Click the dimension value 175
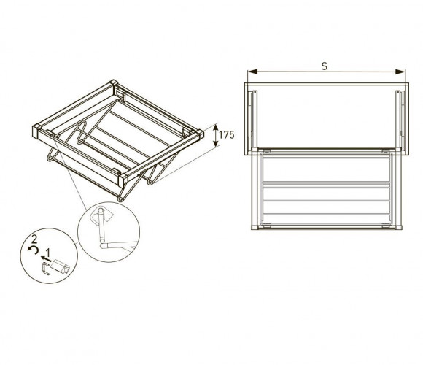coord(226,135)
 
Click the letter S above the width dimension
coord(325,66)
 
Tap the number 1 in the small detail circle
coord(48,253)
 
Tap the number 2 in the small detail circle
coord(34,239)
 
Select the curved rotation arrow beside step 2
coord(33,250)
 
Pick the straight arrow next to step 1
coord(46,259)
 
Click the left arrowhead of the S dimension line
coord(252,72)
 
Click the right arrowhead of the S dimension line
coord(400,72)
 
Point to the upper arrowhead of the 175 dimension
coord(215,128)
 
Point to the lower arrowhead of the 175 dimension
coord(215,143)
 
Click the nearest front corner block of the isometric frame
coord(123,180)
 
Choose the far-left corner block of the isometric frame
coord(36,131)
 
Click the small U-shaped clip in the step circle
coord(46,269)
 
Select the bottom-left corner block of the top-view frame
coord(255,227)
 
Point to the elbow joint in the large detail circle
coord(103,245)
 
